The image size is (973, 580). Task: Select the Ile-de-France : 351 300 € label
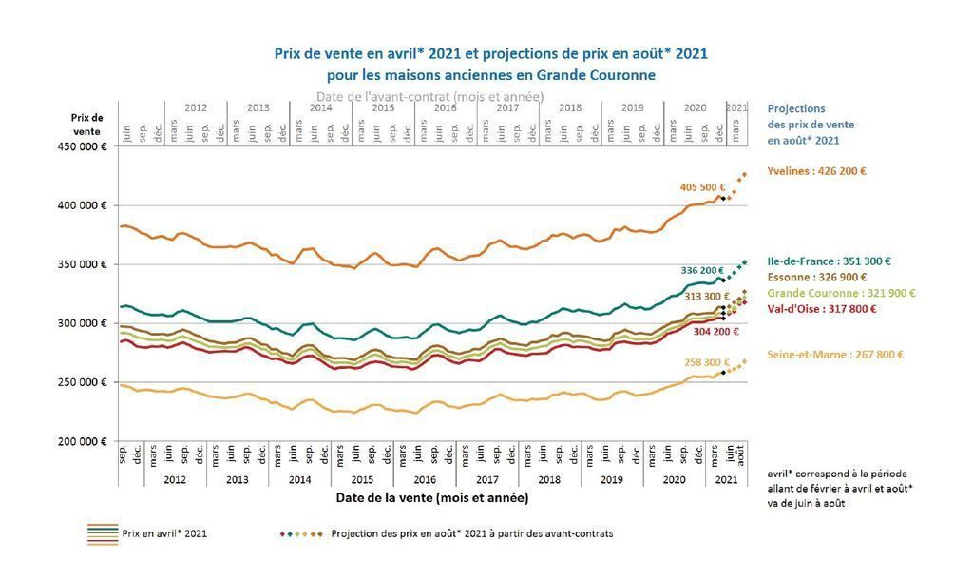pos(829,261)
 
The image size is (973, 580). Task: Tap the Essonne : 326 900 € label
pos(815,277)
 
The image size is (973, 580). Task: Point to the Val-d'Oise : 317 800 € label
pos(821,308)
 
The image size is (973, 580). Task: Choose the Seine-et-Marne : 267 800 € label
pos(835,355)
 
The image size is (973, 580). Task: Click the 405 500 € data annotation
pos(702,187)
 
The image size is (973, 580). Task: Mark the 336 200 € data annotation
pos(703,270)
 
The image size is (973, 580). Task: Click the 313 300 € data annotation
pos(703,297)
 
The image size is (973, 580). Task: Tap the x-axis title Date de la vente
pos(431,497)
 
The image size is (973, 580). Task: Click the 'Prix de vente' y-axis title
pos(86,124)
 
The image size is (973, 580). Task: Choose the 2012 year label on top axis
pos(195,108)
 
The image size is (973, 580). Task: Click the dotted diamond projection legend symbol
pos(301,533)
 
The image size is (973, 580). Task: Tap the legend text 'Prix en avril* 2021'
pos(164,533)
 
